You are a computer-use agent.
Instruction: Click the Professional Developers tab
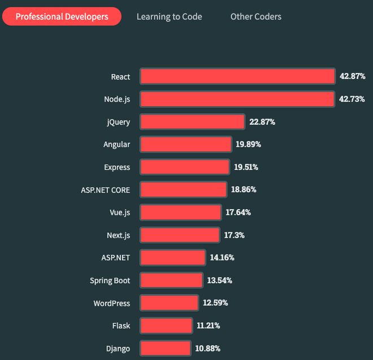pyautogui.click(x=62, y=16)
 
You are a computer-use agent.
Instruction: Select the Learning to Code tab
pyautogui.click(x=169, y=16)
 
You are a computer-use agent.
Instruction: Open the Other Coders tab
pyautogui.click(x=255, y=16)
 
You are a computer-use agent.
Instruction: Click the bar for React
pyautogui.click(x=237, y=76)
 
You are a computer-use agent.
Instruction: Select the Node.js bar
pyautogui.click(x=237, y=99)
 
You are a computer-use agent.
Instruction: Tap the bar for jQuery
pyautogui.click(x=192, y=122)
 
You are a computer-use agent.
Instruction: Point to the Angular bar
pyautogui.click(x=186, y=144)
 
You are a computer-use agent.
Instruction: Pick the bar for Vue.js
pyautogui.click(x=181, y=212)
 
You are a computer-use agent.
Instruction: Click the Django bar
pyautogui.click(x=166, y=348)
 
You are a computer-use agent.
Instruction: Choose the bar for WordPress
pyautogui.click(x=170, y=303)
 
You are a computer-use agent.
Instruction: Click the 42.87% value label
pyautogui.click(x=352, y=76)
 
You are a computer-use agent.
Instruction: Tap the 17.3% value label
pyautogui.click(x=234, y=235)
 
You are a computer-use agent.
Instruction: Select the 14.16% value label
pyautogui.click(x=222, y=258)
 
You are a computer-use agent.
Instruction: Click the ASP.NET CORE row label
pyautogui.click(x=105, y=190)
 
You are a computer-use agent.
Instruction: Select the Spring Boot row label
pyautogui.click(x=110, y=280)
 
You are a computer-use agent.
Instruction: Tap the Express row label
pyautogui.click(x=117, y=167)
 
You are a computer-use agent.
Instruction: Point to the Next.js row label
pyautogui.click(x=118, y=235)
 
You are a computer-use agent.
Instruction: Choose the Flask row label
pyautogui.click(x=121, y=326)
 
